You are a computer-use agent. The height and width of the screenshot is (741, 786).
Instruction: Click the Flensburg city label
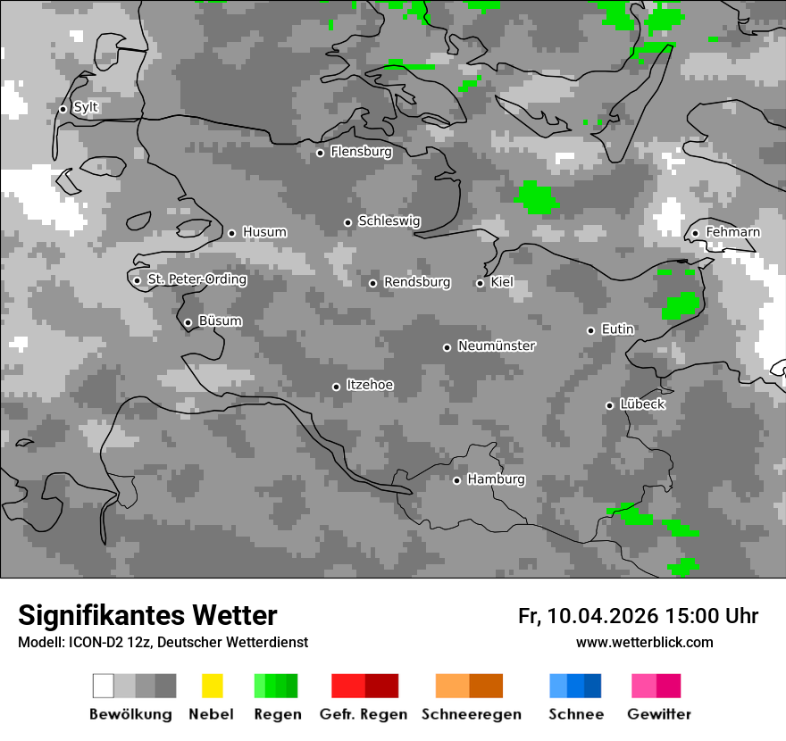pyautogui.click(x=361, y=152)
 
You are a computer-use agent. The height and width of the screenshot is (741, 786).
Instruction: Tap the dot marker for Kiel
pyautogui.click(x=480, y=283)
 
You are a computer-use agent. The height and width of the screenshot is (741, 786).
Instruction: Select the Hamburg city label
pyautogui.click(x=496, y=479)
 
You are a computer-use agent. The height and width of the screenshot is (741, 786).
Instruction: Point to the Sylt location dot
pyautogui.click(x=63, y=109)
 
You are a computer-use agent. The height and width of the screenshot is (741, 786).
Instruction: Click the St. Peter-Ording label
pyautogui.click(x=196, y=279)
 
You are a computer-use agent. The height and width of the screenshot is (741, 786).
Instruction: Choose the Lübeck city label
pyautogui.click(x=642, y=404)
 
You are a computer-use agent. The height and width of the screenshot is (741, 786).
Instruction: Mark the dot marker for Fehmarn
pyautogui.click(x=695, y=234)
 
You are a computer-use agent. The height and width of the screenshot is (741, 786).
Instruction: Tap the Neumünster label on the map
pyautogui.click(x=497, y=346)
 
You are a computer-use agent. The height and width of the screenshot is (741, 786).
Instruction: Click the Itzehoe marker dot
pyautogui.click(x=336, y=387)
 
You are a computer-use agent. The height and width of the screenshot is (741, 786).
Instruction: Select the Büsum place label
pyautogui.click(x=220, y=321)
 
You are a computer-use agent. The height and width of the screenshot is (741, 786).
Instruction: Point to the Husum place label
pyautogui.click(x=264, y=232)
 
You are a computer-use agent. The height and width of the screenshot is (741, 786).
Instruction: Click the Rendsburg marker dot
pyautogui.click(x=372, y=284)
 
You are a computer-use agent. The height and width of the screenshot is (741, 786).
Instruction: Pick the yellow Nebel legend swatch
pyautogui.click(x=212, y=686)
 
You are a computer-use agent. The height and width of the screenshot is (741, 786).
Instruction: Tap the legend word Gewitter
pyautogui.click(x=659, y=714)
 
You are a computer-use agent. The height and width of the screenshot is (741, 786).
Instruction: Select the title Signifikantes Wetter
pyautogui.click(x=147, y=616)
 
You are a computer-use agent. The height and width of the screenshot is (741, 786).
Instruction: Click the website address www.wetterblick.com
pyautogui.click(x=644, y=642)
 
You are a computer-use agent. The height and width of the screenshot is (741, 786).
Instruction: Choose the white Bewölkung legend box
pyautogui.click(x=104, y=686)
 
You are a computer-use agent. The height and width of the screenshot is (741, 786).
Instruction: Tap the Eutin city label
pyautogui.click(x=617, y=329)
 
